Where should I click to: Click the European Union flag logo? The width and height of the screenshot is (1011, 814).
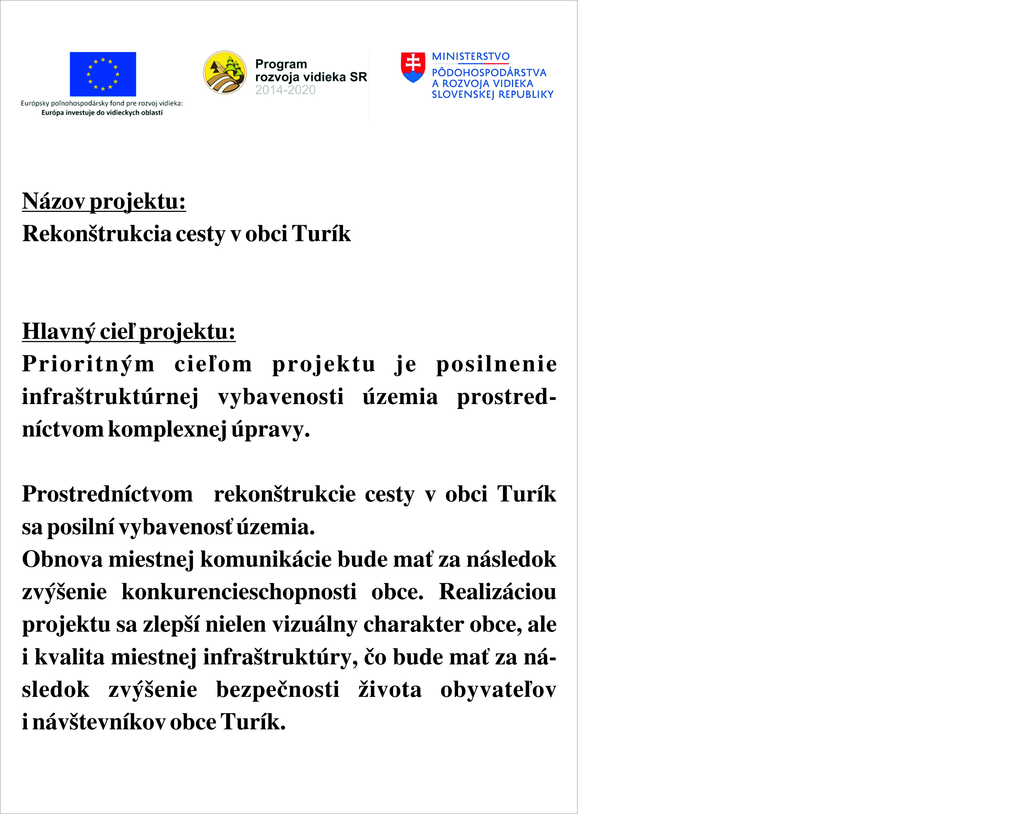tap(103, 74)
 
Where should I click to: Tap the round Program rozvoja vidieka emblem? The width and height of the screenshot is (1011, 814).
tap(225, 73)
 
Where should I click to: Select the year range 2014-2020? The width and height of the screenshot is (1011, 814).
tap(285, 90)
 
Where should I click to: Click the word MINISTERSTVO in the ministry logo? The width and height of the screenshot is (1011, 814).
tap(470, 57)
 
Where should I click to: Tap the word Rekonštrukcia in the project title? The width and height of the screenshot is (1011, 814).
tap(97, 234)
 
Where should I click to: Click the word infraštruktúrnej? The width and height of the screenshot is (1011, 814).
tap(110, 397)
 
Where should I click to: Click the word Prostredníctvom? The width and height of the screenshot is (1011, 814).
tap(107, 494)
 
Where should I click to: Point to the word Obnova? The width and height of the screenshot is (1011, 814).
tap(62, 559)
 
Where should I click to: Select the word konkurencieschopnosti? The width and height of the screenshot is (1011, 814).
tap(238, 592)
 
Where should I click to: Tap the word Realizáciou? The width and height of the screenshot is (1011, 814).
tap(497, 592)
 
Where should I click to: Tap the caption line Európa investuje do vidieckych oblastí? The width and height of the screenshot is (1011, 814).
tap(102, 113)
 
